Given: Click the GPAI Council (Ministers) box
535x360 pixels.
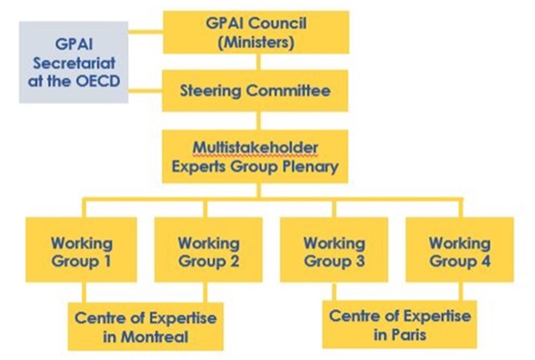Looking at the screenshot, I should click(255, 32).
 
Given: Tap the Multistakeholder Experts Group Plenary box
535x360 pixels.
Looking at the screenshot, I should click(255, 156).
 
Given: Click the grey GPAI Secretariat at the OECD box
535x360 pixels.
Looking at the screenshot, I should click(74, 63).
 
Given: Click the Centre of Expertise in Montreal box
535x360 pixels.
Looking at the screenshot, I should click(145, 327).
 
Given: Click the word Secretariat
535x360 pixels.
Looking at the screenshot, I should click(74, 63).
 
